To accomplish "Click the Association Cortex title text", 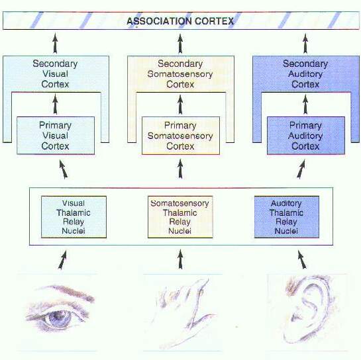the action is [x=180, y=21].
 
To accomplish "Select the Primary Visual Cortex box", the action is [x=56, y=136].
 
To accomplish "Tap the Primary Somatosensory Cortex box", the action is [x=181, y=136].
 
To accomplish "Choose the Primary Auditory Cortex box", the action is [x=306, y=136].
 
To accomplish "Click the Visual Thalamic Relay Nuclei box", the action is [x=74, y=216].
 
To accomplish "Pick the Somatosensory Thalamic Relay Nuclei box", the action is [x=180, y=216].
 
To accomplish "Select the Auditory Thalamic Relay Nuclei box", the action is [x=287, y=216].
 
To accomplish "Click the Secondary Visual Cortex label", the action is [x=55, y=74].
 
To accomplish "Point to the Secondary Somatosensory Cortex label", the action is [x=180, y=74].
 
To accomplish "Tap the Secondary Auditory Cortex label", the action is [x=305, y=74].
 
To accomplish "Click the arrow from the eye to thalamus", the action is [x=62, y=259].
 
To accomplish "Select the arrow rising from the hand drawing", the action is [x=180, y=259].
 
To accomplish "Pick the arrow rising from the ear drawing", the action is [x=302, y=259].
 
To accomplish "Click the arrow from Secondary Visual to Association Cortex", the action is [x=55, y=44].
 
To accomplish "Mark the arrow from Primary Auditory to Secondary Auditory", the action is [x=305, y=105].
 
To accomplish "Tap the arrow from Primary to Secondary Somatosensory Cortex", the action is [x=180, y=105].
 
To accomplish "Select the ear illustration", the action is [x=307, y=310].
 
